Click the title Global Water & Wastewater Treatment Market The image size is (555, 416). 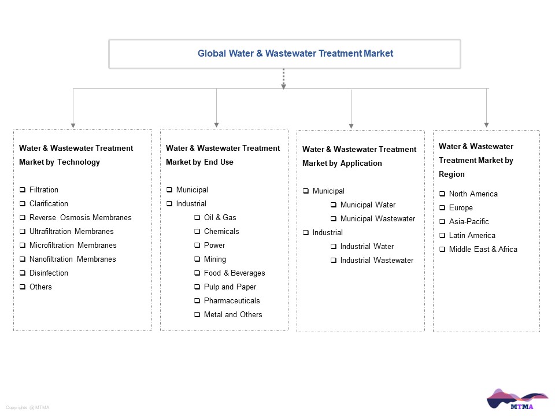pos(295,53)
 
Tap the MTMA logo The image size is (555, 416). pos(517,399)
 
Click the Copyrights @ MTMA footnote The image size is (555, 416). pos(28,407)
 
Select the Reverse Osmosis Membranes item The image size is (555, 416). pos(80,218)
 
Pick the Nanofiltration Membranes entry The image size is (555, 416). pos(73,259)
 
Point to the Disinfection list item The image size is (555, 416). pos(49,273)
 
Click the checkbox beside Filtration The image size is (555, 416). pos(23,190)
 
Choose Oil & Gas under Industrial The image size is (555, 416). pos(220,218)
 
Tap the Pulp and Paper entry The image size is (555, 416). pos(230,287)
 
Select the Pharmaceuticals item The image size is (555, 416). pos(232,300)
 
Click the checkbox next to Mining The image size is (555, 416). pos(197,259)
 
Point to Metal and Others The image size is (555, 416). pos(233,314)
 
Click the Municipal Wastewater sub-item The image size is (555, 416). pos(378,219)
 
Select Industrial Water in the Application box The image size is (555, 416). pos(367,247)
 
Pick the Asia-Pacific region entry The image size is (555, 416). pos(469,222)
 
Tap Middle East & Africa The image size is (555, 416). pos(483,250)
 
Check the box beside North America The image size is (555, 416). pos(442,194)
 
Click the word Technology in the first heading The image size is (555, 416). pos(79,162)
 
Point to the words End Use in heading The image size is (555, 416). pos(219,162)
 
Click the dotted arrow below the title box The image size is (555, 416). pos(283,79)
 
